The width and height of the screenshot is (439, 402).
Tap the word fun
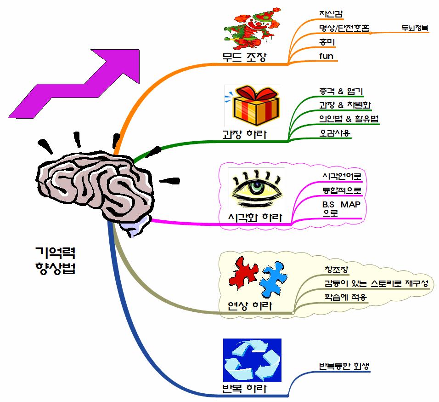click(326, 57)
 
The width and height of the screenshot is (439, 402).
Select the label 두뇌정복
click(415, 28)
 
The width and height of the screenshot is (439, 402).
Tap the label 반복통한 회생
click(344, 366)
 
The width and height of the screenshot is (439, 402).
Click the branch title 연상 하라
click(250, 305)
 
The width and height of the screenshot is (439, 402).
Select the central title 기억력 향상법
click(55, 260)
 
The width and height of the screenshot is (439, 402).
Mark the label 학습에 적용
click(344, 297)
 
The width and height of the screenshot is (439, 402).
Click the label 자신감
click(331, 14)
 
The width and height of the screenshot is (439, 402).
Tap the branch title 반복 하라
click(243, 389)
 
